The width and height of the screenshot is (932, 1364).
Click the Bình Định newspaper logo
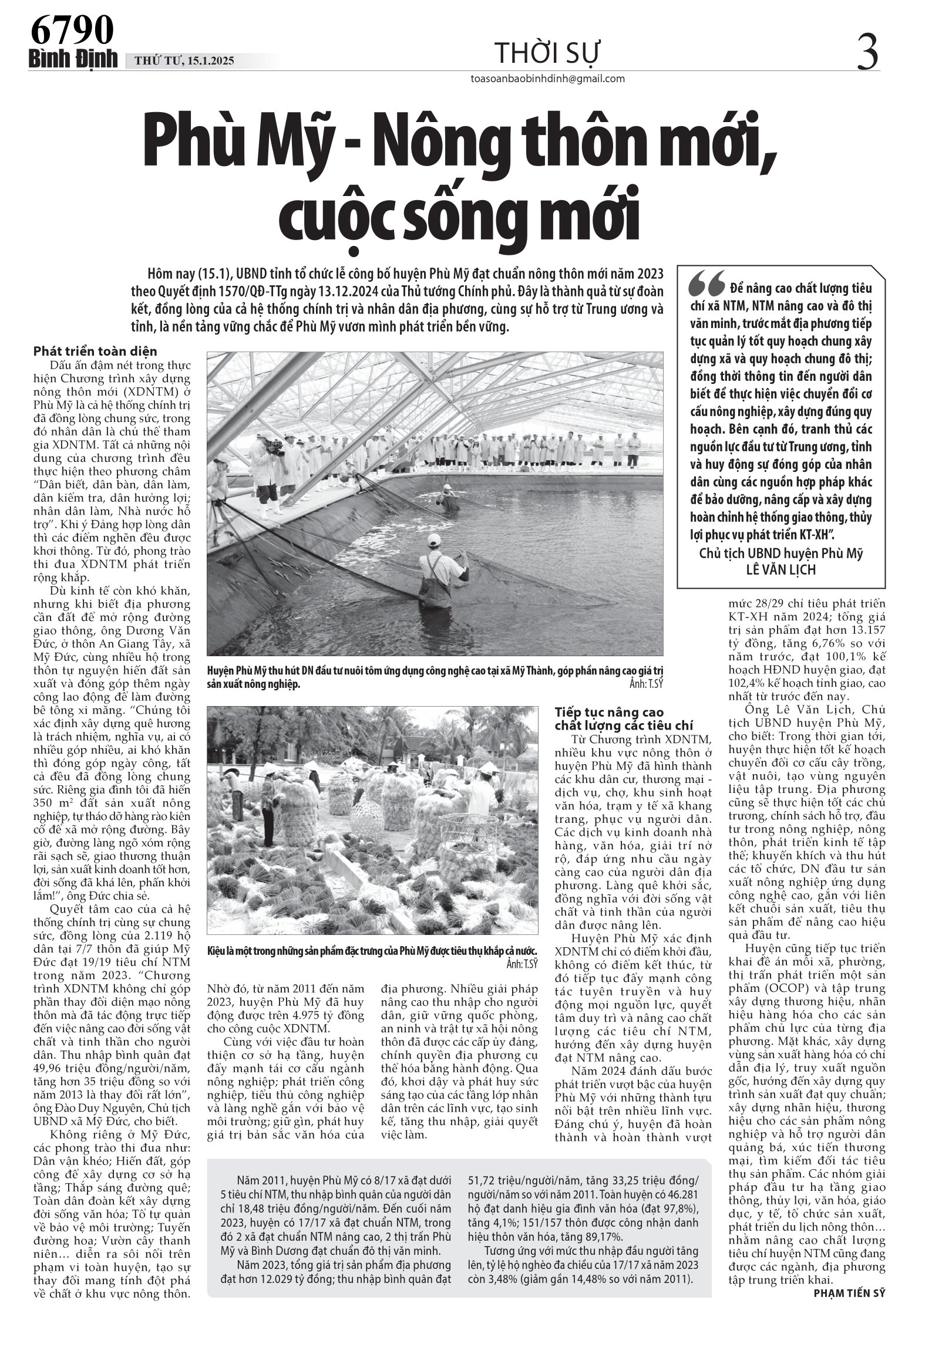coord(73,60)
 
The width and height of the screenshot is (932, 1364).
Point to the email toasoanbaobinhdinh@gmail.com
coord(547,79)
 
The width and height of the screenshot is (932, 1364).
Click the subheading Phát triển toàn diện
coord(95,352)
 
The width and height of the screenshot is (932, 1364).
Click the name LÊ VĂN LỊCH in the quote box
coord(781,569)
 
